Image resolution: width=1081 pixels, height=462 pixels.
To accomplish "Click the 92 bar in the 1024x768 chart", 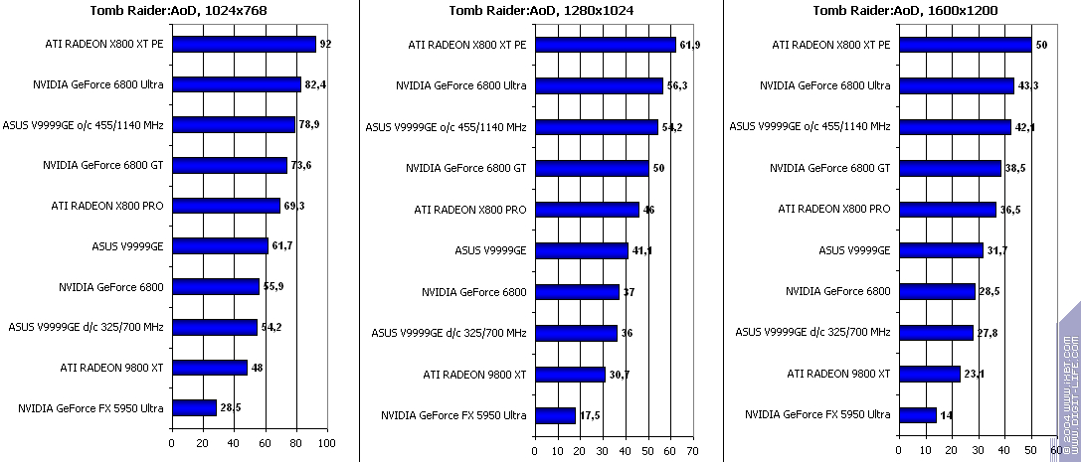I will (x=244, y=45).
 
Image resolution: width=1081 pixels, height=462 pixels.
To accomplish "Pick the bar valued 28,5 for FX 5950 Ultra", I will (x=194, y=408).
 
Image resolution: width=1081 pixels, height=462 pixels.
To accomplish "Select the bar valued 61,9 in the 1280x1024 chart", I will (x=605, y=45).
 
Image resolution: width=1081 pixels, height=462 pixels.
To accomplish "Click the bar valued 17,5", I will (x=555, y=415).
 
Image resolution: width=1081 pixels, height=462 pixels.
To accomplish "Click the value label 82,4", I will (x=315, y=85).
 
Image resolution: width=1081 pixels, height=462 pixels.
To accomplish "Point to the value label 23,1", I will (x=976, y=375).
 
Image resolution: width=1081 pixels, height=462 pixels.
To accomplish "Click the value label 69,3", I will (x=294, y=206).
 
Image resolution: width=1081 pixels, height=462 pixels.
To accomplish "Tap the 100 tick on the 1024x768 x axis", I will (x=327, y=444).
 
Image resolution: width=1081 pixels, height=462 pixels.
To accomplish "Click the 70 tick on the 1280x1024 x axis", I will (x=693, y=451).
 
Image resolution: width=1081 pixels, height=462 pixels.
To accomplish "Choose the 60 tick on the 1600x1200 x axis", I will (x=1056, y=451).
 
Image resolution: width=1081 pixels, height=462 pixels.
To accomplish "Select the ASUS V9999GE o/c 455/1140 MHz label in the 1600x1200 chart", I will (x=810, y=126).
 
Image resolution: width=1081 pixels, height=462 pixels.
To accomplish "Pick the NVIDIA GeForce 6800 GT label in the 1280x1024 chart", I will (x=466, y=168).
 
